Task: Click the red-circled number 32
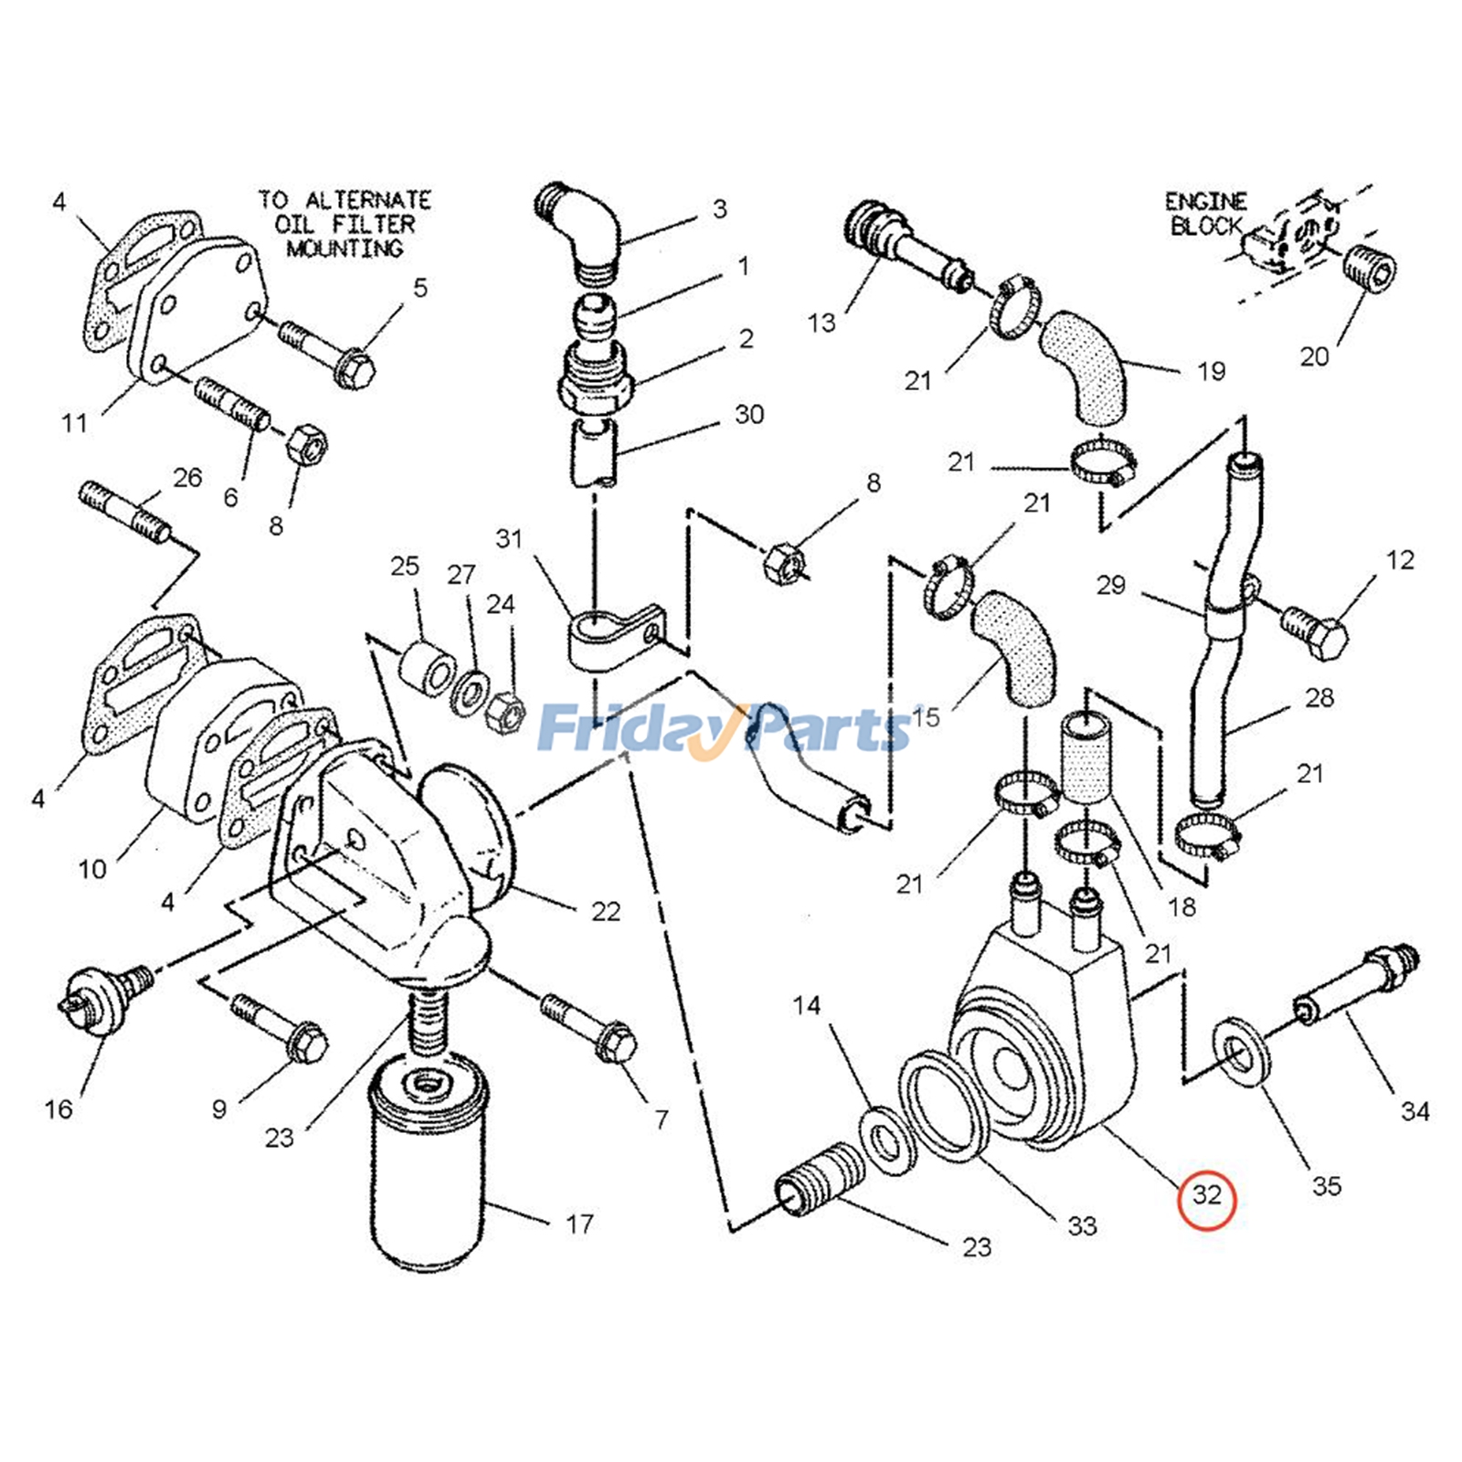coord(1206,1195)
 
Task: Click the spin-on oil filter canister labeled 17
coord(428,1170)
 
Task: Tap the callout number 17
coord(579,1224)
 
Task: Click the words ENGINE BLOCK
coord(1206,214)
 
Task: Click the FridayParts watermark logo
coord(722,729)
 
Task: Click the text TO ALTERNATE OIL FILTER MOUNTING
coord(344,224)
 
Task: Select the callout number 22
coord(606,912)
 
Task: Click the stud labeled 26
coord(122,513)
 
